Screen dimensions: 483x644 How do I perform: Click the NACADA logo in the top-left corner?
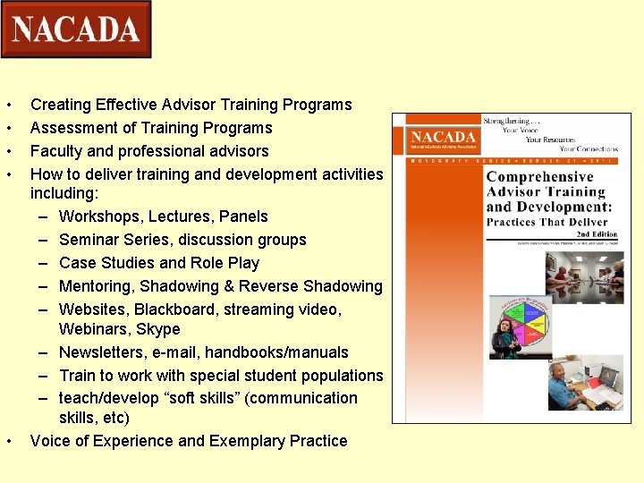[76, 30]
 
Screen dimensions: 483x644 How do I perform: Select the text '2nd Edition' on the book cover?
[599, 233]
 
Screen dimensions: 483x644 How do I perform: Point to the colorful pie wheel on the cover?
[521, 320]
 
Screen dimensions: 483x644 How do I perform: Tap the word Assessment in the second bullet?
[70, 128]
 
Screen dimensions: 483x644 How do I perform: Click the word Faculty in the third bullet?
[58, 151]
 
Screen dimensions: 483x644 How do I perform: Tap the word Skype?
[157, 329]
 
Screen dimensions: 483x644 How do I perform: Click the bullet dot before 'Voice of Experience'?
[8, 441]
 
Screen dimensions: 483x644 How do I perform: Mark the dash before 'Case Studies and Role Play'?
[43, 263]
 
